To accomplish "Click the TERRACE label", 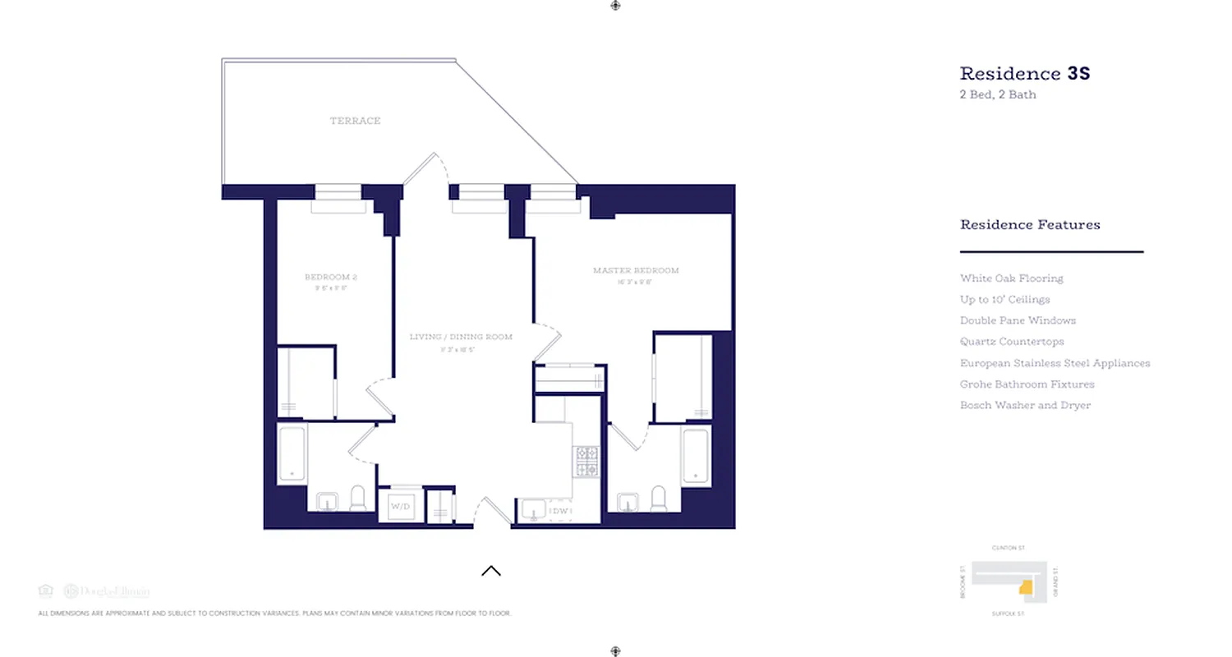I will pyautogui.click(x=355, y=121).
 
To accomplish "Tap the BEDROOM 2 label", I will pyautogui.click(x=330, y=277).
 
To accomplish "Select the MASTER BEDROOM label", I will pyautogui.click(x=636, y=270).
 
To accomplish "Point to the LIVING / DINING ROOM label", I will pyautogui.click(x=461, y=337).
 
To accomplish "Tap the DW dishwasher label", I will pyautogui.click(x=559, y=512).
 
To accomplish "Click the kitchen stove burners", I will pyautogui.click(x=586, y=462).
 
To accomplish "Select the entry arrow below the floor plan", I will pyautogui.click(x=491, y=571).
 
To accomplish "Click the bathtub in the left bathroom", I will pyautogui.click(x=292, y=454).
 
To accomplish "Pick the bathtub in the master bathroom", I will pyautogui.click(x=696, y=456).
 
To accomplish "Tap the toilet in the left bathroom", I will pyautogui.click(x=357, y=498).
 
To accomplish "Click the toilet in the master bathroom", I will pyautogui.click(x=658, y=498).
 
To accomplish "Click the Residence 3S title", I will pyautogui.click(x=1024, y=73).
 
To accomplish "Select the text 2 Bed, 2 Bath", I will pyautogui.click(x=998, y=94).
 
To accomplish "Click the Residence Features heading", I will pyautogui.click(x=1030, y=224).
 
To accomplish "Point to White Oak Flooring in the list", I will pyautogui.click(x=1011, y=278).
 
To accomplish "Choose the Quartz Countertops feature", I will pyautogui.click(x=1011, y=342).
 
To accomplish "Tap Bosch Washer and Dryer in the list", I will pyautogui.click(x=1025, y=406).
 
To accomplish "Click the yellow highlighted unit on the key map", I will pyautogui.click(x=1025, y=587).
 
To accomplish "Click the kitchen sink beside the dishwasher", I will pyautogui.click(x=532, y=510).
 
